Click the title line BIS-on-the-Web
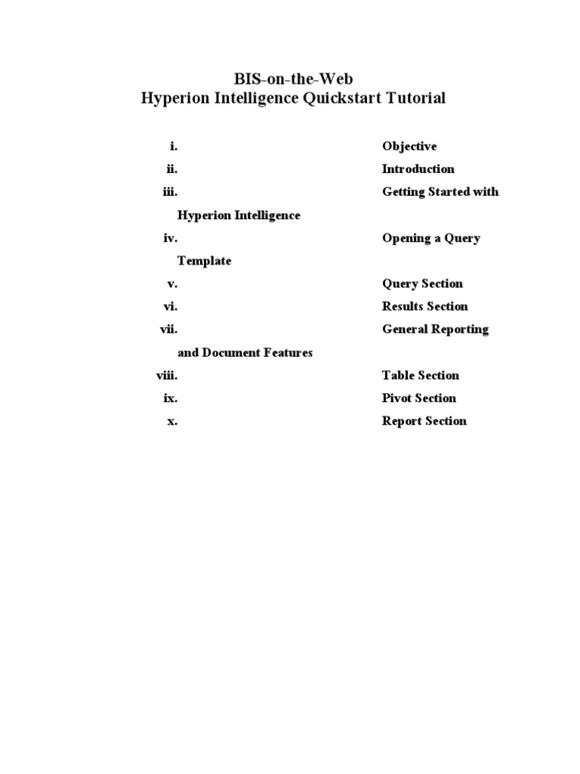293,79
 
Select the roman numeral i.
174,147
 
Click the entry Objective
409,147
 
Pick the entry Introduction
418,169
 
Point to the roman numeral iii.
170,192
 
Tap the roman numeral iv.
171,238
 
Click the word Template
204,261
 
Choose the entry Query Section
422,284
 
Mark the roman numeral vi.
171,307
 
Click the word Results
403,307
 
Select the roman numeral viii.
167,376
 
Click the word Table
397,376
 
